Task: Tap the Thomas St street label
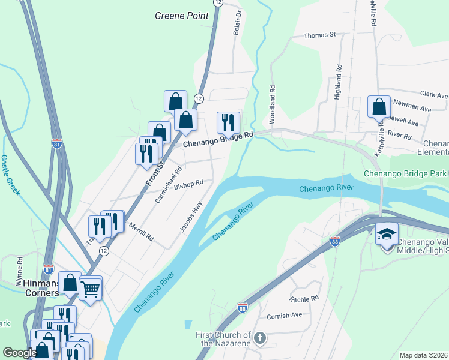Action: click(x=319, y=36)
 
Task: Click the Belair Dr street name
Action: click(x=238, y=21)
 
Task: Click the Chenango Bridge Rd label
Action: click(x=218, y=140)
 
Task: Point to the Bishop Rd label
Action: click(x=189, y=184)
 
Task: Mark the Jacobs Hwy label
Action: click(x=191, y=216)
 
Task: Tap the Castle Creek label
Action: click(x=11, y=175)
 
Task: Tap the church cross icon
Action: click(x=259, y=338)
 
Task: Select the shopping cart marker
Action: click(x=90, y=290)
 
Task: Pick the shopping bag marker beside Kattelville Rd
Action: click(x=379, y=108)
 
